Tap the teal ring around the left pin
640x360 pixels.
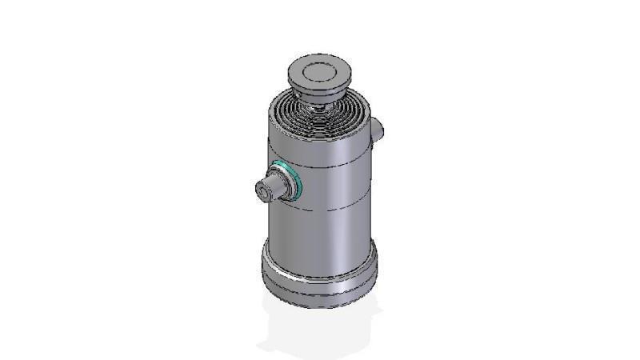coord(288,181)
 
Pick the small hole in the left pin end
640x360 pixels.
coord(262,191)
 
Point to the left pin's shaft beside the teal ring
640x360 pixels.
coord(277,188)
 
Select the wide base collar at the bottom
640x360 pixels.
coord(320,272)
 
